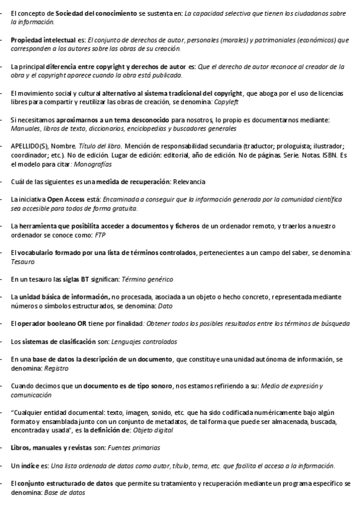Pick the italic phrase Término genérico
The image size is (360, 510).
coord(147,278)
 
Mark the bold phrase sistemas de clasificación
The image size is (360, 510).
coord(59,341)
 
